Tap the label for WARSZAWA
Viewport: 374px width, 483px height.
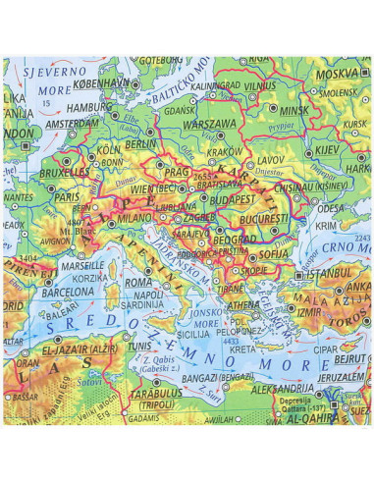click(211, 124)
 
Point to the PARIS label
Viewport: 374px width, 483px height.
click(68, 196)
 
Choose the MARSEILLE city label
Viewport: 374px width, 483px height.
click(81, 265)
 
